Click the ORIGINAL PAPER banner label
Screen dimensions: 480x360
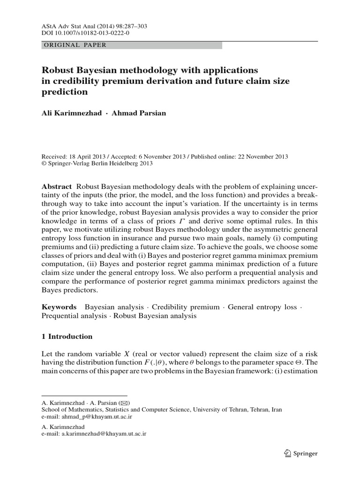click(75, 45)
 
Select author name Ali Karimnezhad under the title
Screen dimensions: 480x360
click(71, 114)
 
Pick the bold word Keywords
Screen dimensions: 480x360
click(59, 307)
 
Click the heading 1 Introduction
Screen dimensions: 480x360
click(67, 337)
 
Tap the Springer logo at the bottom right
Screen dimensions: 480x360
click(300, 453)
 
